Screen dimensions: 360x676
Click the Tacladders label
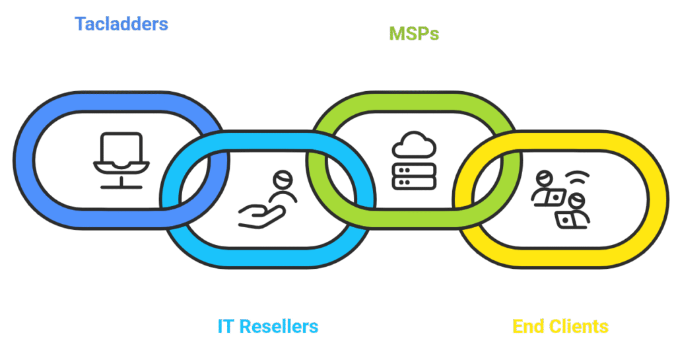(121, 25)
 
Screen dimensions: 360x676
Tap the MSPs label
(414, 34)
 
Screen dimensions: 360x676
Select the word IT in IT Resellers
(225, 326)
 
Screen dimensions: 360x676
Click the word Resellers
(278, 326)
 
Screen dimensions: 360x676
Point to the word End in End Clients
(527, 326)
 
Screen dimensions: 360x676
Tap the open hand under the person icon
(261, 215)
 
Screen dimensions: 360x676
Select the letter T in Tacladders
(81, 25)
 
